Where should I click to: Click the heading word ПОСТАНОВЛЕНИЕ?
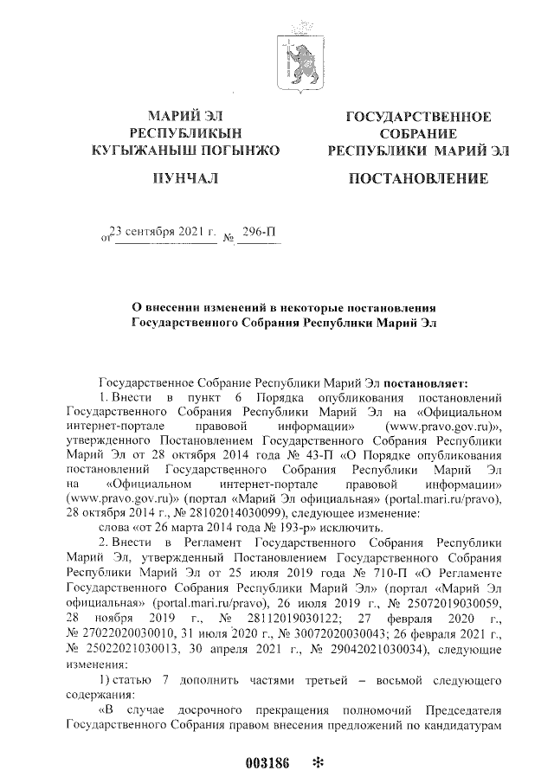click(418, 179)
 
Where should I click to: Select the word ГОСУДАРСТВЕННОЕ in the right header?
click(419, 117)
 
